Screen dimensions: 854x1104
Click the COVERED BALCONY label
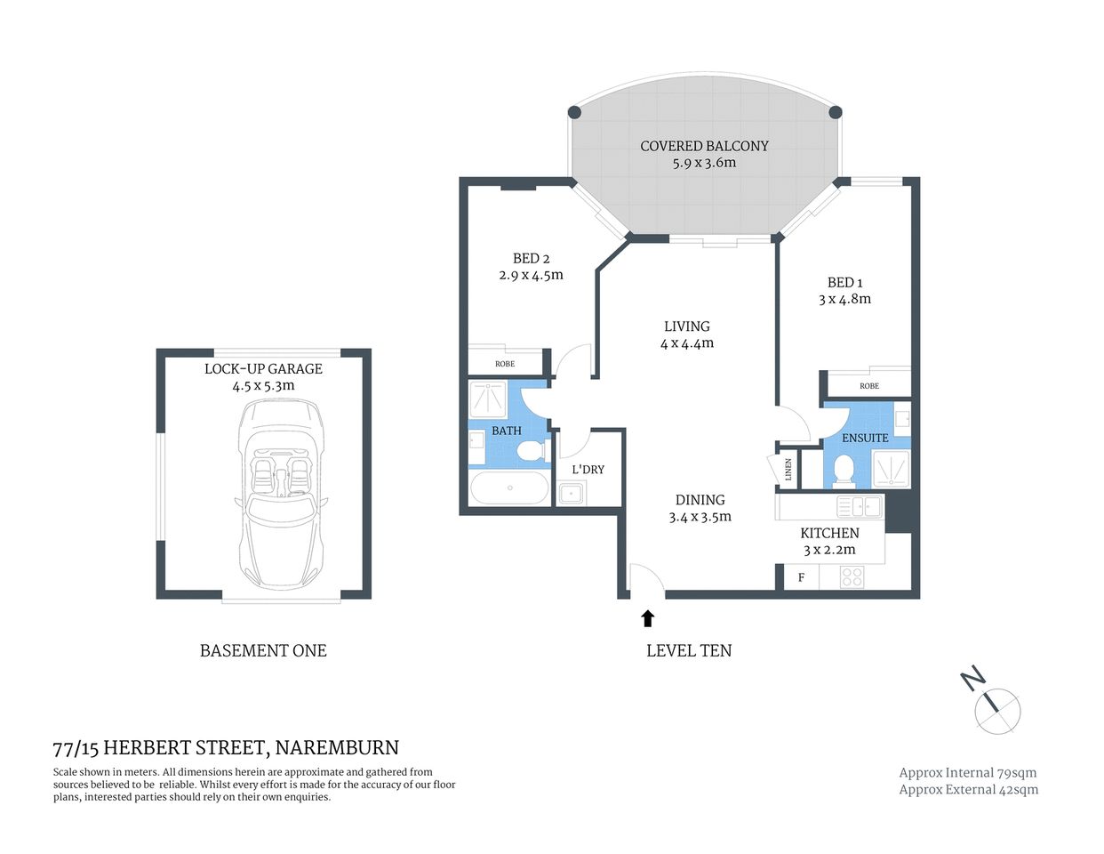coord(704,146)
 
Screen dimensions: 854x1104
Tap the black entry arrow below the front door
coord(647,618)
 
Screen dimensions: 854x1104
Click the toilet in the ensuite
coord(844,471)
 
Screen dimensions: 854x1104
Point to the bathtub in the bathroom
coord(509,487)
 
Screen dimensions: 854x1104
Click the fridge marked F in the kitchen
coord(801,577)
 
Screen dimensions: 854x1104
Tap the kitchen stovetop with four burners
coord(852,577)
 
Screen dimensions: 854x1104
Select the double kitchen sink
coord(860,507)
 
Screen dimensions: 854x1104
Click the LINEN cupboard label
coord(788,469)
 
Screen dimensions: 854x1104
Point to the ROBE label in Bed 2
coord(505,364)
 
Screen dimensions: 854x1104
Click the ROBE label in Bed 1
coord(869,386)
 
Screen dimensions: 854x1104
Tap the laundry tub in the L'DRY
coord(571,493)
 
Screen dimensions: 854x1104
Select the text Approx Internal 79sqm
coord(967,773)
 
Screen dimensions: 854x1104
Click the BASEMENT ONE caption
coord(263,651)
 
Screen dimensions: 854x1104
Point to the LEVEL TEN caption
coord(689,651)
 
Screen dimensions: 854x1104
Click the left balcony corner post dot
coord(574,112)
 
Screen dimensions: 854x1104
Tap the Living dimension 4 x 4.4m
coord(687,343)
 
